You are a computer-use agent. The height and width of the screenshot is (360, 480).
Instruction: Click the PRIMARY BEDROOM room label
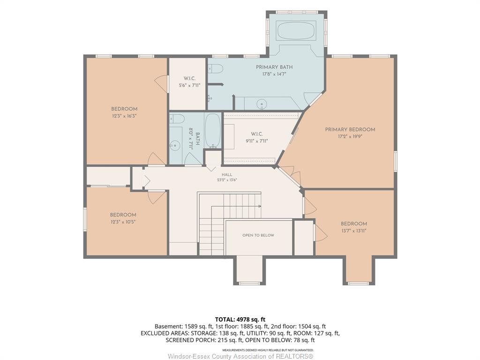350,129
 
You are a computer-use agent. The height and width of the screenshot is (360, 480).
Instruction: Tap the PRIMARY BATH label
274,67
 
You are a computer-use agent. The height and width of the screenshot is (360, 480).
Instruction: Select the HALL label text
227,174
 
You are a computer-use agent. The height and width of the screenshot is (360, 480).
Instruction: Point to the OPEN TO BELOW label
258,235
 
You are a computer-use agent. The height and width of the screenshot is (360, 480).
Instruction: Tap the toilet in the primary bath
215,69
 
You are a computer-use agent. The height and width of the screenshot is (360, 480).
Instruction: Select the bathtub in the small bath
212,131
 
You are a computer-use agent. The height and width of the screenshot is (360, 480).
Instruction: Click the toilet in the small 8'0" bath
177,119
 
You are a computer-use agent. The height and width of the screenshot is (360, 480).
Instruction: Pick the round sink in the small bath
175,145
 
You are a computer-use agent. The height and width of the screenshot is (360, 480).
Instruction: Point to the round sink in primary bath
262,104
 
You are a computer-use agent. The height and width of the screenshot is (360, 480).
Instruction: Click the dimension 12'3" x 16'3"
124,116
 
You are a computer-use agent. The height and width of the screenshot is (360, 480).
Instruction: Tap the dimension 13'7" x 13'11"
354,231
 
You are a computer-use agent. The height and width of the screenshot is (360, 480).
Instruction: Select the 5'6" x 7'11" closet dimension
189,85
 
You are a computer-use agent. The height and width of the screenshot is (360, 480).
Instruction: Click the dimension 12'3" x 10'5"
123,222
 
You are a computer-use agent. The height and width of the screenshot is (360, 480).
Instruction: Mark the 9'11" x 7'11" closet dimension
257,141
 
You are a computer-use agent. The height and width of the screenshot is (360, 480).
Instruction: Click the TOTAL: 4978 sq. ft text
240,320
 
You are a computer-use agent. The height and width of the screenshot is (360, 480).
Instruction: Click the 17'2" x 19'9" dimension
350,136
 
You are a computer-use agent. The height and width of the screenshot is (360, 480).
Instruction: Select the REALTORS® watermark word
294,356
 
